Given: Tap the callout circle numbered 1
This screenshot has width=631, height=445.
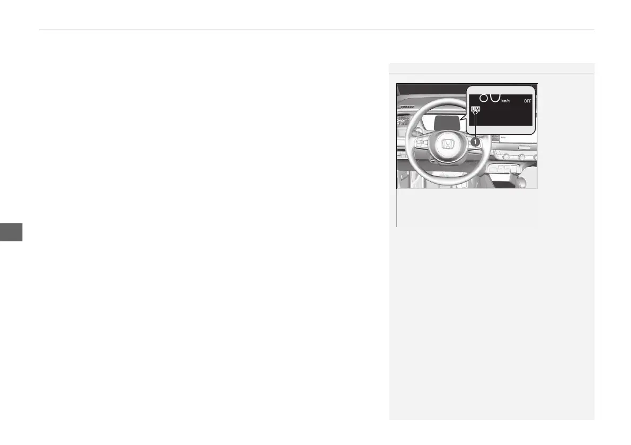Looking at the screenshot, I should tap(476, 142).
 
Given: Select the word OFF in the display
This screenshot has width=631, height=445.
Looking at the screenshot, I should tap(527, 100).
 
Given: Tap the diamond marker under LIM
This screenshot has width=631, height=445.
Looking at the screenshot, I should tap(475, 113).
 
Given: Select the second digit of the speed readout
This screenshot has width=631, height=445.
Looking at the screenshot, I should tap(494, 97).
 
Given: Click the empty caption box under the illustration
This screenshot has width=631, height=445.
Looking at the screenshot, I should tap(466, 208).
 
